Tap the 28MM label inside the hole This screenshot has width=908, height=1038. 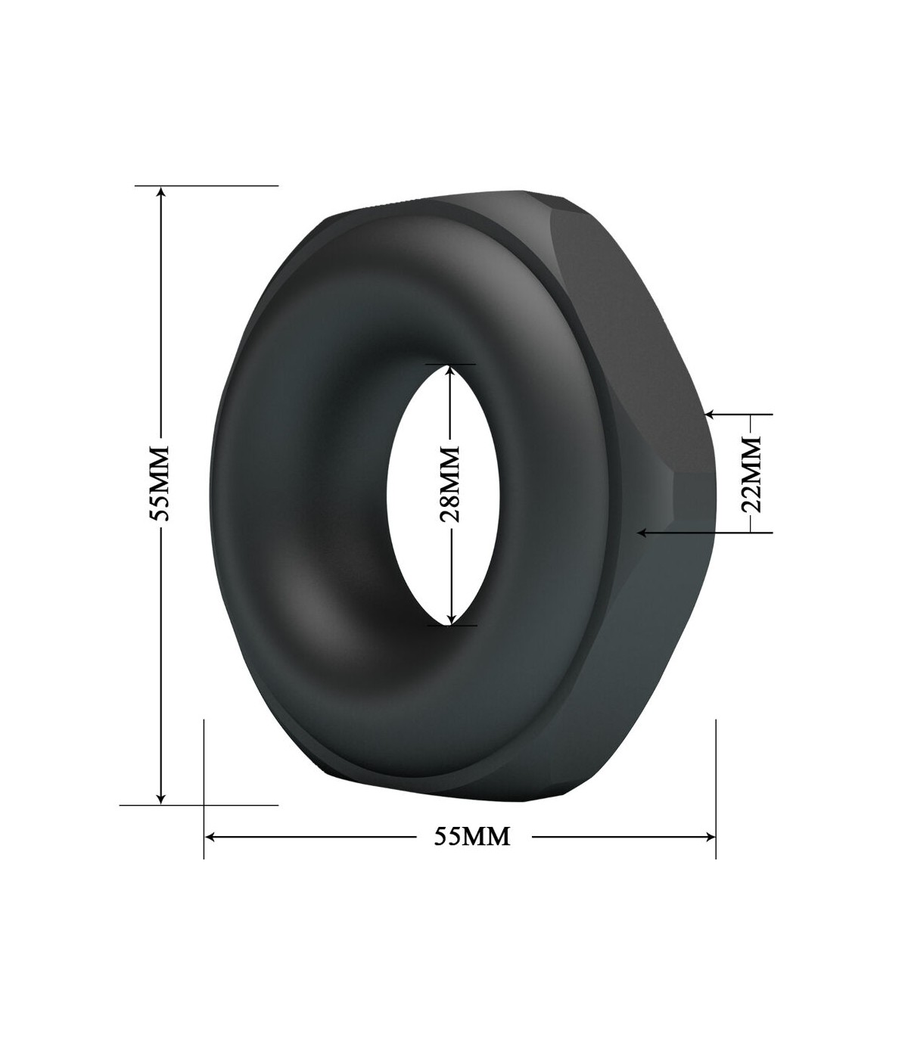pyautogui.click(x=449, y=484)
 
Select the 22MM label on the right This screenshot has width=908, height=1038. pyautogui.click(x=751, y=474)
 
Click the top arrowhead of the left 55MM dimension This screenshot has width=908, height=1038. pyautogui.click(x=161, y=193)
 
